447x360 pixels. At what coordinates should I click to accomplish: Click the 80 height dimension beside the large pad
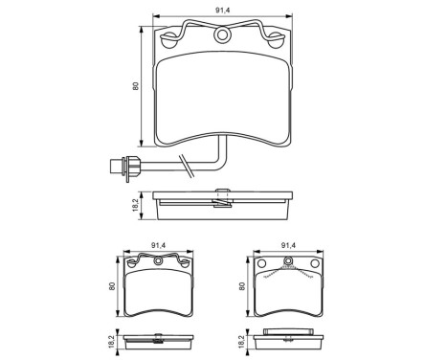click(x=137, y=86)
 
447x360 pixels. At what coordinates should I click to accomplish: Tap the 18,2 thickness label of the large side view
click(x=137, y=204)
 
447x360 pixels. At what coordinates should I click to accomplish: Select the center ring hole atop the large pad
click(x=224, y=36)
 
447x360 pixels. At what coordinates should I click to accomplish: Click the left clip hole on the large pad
click(x=172, y=40)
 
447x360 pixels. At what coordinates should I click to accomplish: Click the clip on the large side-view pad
click(x=223, y=199)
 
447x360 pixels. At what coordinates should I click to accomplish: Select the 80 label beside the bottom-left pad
click(x=112, y=286)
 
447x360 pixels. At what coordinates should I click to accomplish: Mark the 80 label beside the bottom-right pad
click(x=241, y=286)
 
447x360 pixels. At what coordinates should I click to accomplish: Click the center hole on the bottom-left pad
click(x=157, y=260)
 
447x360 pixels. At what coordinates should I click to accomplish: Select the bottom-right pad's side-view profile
click(x=286, y=341)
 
